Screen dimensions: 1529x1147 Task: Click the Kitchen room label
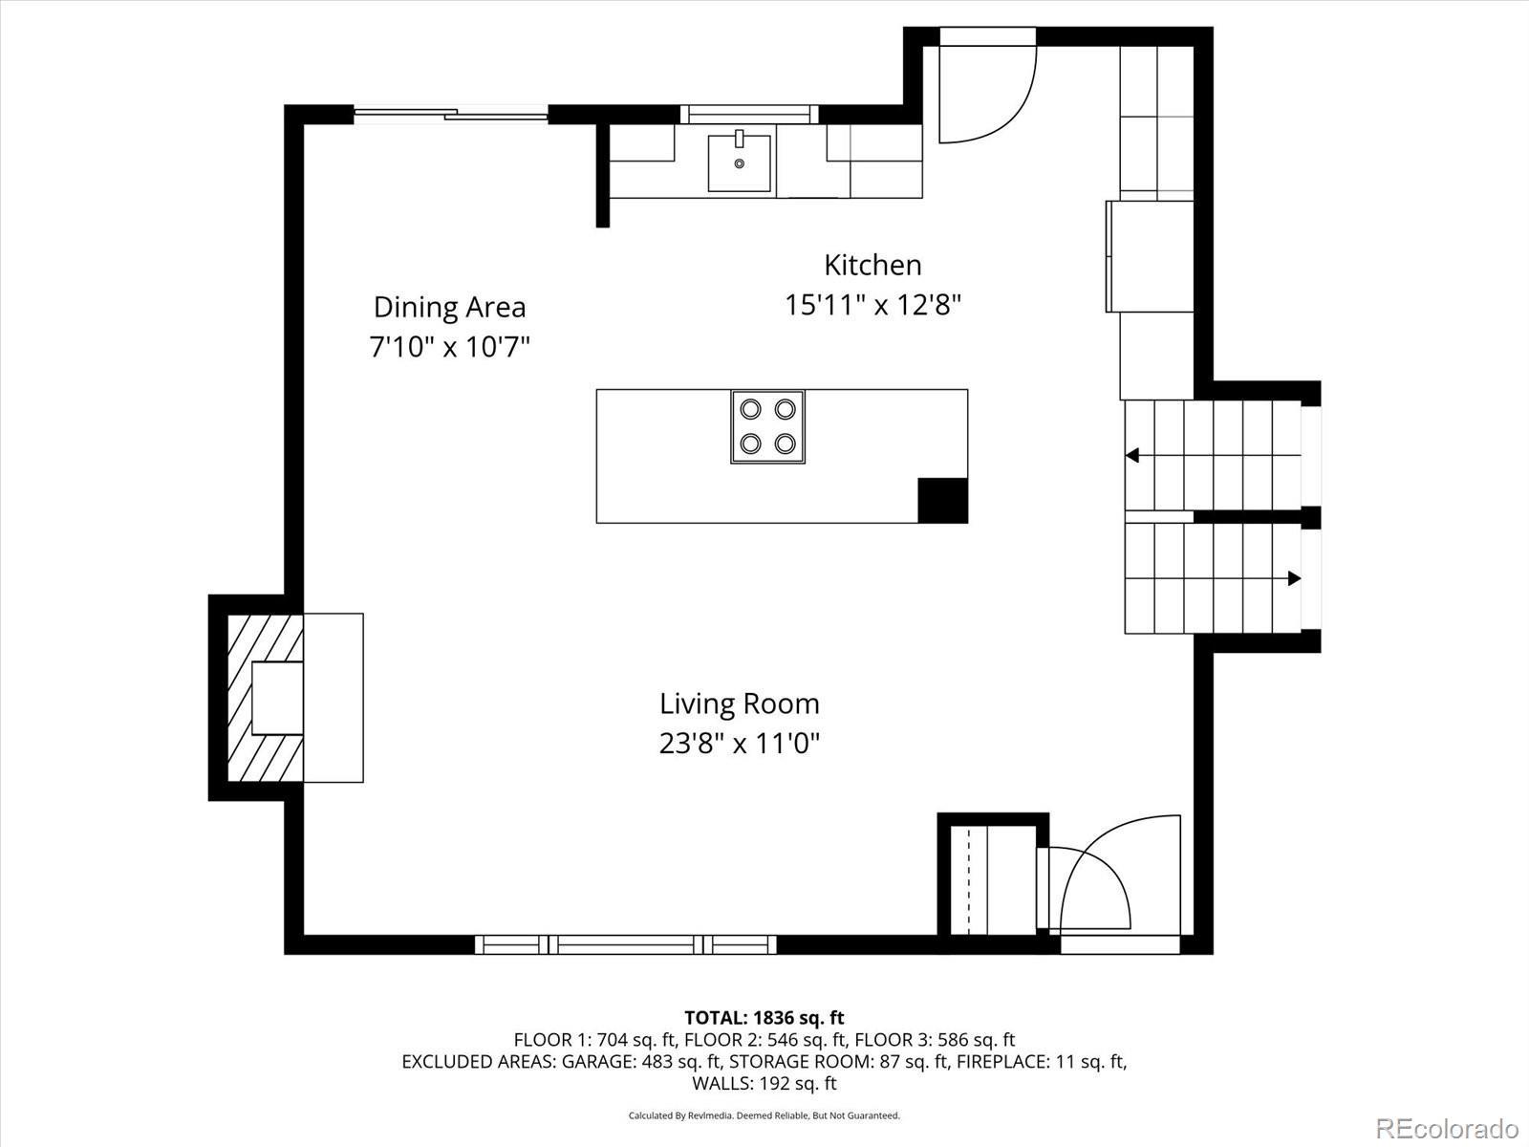[x=872, y=265]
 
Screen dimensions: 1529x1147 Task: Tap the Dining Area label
[x=449, y=307]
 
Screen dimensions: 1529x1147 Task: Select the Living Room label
[x=739, y=704]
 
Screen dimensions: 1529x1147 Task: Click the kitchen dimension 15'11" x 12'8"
[x=872, y=304]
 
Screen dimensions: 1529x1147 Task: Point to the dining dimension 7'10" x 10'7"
[x=449, y=346]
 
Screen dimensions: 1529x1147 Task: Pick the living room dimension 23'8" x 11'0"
[x=739, y=744]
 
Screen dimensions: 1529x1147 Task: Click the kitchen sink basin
[x=739, y=162]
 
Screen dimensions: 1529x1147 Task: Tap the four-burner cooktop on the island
[x=767, y=427]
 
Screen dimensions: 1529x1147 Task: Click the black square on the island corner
[x=942, y=500]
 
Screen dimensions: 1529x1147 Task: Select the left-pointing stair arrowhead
[x=1132, y=456]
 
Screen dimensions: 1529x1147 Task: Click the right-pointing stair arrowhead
[x=1294, y=578]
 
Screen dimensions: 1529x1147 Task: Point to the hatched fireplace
[x=266, y=698]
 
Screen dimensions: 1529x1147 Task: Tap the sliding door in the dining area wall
[x=451, y=114]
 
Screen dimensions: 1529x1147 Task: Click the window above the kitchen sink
[x=749, y=114]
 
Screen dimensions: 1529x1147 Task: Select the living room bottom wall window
[x=626, y=944]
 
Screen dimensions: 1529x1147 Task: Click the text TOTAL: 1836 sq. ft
[x=764, y=1017]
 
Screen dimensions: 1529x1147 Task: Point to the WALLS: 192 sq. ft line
[x=764, y=1083]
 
